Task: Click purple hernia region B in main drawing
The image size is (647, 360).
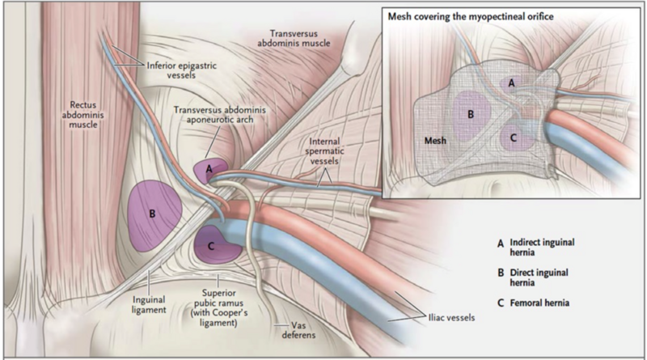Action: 153,214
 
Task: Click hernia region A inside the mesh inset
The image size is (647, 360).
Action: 510,83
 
